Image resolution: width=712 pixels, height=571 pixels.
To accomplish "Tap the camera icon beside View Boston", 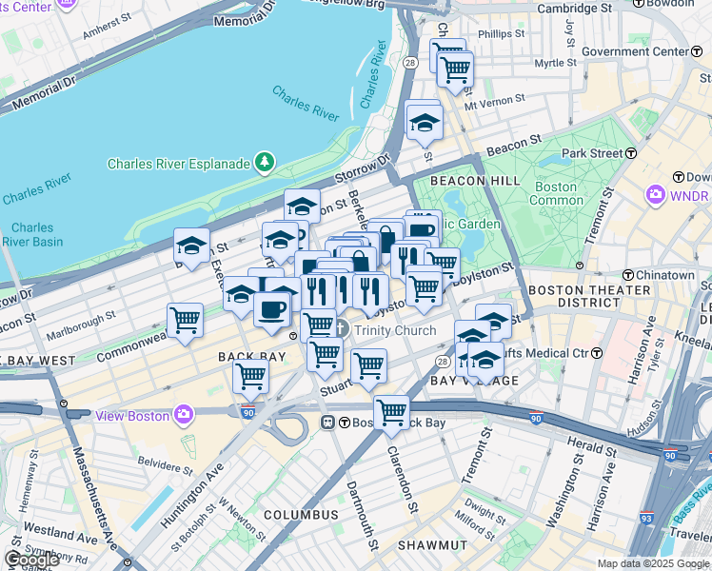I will point(185,415).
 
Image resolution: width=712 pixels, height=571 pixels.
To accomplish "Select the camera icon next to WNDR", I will point(654,196).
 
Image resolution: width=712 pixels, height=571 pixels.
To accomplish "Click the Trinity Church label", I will point(394,330).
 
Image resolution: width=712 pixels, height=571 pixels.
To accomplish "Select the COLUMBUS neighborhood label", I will point(301,515).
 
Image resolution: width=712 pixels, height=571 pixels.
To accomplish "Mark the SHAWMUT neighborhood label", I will point(431,545).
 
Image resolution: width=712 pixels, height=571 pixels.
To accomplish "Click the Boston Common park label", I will point(556,193).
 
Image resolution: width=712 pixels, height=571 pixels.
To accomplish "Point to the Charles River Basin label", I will point(33,234).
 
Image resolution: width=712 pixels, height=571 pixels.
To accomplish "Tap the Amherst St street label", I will point(106,31).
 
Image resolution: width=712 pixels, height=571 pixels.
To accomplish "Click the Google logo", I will point(30,560).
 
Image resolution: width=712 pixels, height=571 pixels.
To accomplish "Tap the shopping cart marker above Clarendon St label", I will point(391,413).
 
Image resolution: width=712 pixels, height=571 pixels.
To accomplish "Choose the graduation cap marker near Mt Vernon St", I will point(424,121).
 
